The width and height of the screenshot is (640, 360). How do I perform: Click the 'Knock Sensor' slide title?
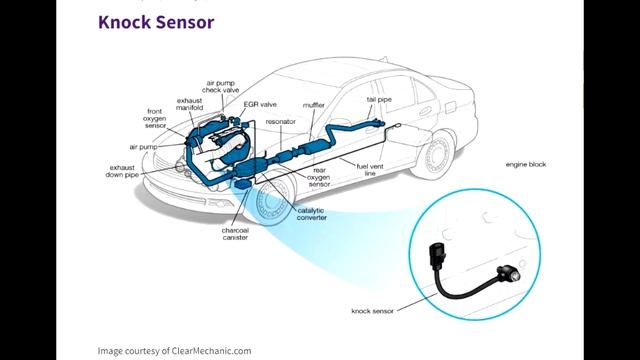(156, 21)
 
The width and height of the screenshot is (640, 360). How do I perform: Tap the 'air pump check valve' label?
(222, 87)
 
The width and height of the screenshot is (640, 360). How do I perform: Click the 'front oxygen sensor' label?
(156, 121)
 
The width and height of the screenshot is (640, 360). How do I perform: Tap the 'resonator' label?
(280, 121)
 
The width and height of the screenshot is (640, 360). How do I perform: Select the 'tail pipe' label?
(377, 99)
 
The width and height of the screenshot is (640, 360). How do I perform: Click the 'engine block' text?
(525, 163)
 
